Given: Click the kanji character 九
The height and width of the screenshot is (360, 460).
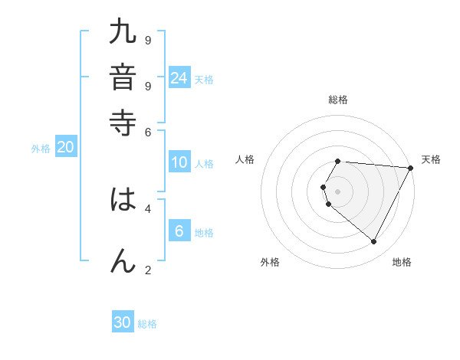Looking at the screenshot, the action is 123,34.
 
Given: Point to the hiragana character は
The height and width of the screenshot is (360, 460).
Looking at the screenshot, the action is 123,201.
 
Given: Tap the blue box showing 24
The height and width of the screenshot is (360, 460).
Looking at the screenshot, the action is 179,78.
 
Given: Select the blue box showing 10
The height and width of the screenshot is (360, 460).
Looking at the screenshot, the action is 179,162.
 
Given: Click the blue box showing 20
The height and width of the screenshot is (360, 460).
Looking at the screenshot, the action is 65,148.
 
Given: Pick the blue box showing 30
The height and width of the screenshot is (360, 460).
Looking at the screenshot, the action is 123,322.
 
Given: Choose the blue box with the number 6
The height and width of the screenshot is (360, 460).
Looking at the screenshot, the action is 179,232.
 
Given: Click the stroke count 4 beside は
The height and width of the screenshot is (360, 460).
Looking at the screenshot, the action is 147,208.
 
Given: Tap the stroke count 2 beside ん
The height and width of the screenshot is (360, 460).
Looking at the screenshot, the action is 147,270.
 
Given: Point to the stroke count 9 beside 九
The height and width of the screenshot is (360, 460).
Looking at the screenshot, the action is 147,40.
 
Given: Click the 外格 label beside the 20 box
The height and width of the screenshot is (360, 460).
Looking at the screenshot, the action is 41,149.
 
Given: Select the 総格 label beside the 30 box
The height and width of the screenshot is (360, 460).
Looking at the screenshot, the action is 147,323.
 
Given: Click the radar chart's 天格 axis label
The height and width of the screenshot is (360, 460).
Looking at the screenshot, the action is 431,159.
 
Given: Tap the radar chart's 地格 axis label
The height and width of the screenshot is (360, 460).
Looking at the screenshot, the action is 402,262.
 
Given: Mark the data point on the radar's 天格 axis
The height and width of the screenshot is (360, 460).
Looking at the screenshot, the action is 411,168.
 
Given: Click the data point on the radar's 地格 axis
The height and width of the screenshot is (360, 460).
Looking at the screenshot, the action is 374,242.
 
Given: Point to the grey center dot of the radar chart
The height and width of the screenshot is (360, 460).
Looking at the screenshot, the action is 338,191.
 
